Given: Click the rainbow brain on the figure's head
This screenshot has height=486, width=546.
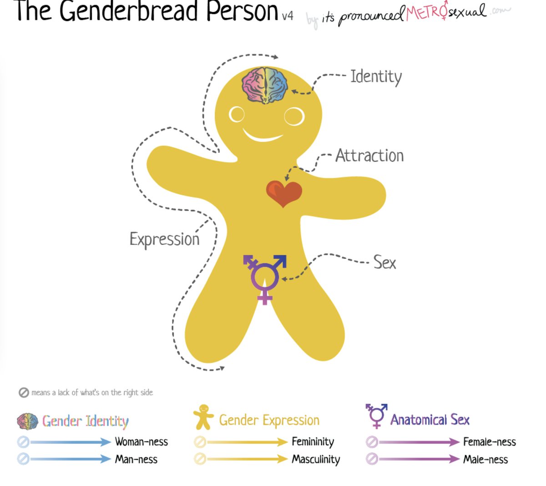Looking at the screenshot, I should click(x=265, y=85).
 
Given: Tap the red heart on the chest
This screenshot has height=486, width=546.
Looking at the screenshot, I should click(x=284, y=193).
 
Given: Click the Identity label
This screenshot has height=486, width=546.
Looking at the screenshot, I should click(x=376, y=77).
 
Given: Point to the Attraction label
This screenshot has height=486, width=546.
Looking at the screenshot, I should click(x=369, y=156).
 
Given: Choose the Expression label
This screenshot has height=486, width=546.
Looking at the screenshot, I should click(x=164, y=239).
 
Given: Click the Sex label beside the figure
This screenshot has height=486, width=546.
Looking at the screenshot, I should click(x=384, y=263).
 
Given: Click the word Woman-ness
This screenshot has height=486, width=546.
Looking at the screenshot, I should click(x=141, y=442).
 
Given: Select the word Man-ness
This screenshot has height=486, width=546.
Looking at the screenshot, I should click(x=136, y=460).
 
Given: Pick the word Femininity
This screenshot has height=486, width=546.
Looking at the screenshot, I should click(x=313, y=442).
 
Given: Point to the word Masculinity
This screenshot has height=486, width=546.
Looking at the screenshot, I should click(x=316, y=460).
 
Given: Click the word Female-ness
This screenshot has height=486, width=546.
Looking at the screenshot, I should click(x=489, y=442).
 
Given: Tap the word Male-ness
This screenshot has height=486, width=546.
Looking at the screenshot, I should click(x=485, y=460).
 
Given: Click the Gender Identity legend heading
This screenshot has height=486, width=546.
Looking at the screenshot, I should click(x=85, y=421).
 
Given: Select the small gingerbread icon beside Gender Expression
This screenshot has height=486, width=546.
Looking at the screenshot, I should click(x=203, y=417).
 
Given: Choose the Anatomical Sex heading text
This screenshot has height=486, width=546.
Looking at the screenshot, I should click(x=430, y=420).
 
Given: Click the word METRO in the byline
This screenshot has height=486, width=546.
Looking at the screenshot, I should click(x=427, y=13).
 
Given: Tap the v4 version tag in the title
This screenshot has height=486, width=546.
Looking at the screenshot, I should click(x=287, y=16).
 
